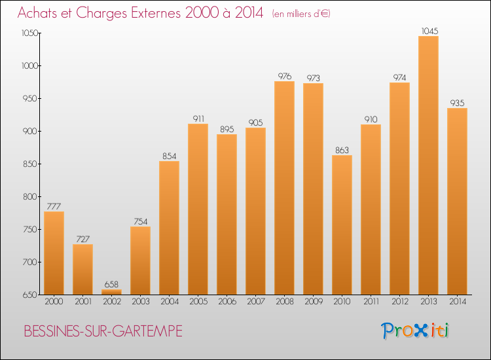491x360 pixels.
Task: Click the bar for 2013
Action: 428,166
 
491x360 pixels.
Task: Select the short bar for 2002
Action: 111,292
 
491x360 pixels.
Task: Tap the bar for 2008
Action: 284,188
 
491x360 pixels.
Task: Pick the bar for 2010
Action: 342,225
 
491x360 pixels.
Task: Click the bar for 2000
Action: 54,253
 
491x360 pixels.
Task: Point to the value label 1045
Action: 429,31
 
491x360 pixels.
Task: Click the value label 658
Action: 111,284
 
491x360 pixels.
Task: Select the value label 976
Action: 285,76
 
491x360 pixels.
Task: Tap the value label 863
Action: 342,151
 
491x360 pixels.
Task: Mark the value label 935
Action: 457,103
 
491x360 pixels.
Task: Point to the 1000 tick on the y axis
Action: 29,65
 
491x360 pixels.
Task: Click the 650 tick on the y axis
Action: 30,295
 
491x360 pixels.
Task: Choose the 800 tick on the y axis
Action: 30,196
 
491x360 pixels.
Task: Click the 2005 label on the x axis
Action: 198,302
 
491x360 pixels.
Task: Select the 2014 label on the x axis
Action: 458,302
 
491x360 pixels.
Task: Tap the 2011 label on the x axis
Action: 371,302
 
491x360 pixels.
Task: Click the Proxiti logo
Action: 415,331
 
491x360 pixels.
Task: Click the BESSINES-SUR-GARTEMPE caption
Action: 103,331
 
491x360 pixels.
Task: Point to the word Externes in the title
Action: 156,12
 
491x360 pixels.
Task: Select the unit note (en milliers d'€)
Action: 301,14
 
